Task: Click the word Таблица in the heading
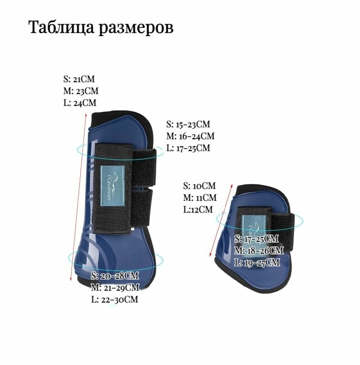pyautogui.click(x=62, y=28)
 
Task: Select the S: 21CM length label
pyautogui.click(x=79, y=79)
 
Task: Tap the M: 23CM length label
pyautogui.click(x=81, y=91)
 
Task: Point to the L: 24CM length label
pyautogui.click(x=80, y=103)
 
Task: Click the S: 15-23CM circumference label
pyautogui.click(x=188, y=124)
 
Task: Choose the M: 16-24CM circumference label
pyautogui.click(x=190, y=136)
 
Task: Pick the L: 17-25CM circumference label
pyautogui.click(x=188, y=148)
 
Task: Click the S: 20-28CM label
pyautogui.click(x=115, y=276)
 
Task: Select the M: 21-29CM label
pyautogui.click(x=115, y=288)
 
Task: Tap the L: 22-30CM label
pyautogui.click(x=115, y=300)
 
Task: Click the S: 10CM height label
pyautogui.click(x=200, y=186)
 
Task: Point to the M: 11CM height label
pyautogui.click(x=200, y=198)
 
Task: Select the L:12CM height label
pyautogui.click(x=198, y=210)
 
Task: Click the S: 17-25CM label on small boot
pyautogui.click(x=257, y=239)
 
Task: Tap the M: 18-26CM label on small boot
pyautogui.click(x=259, y=250)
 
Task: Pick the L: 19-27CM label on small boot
pyautogui.click(x=257, y=263)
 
